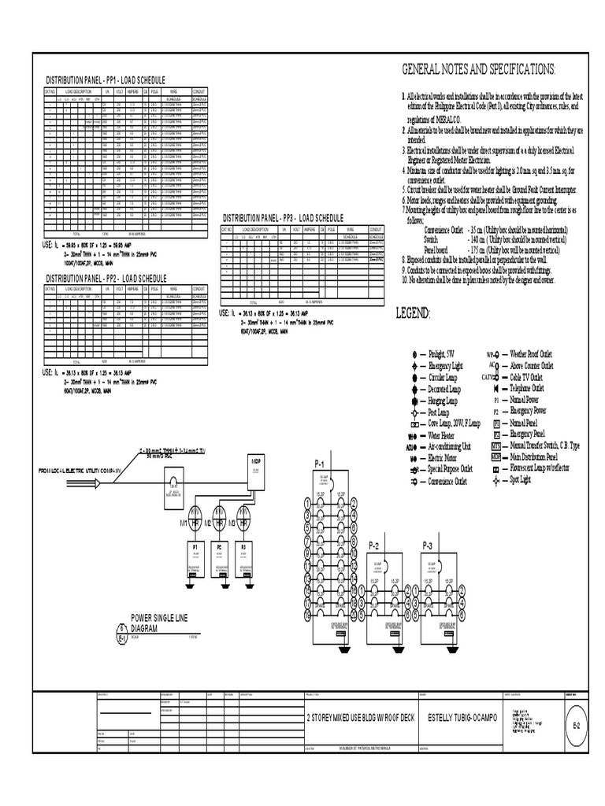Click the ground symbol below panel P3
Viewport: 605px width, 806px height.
tap(244, 585)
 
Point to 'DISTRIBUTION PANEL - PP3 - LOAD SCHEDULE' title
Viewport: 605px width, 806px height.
tap(284, 218)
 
